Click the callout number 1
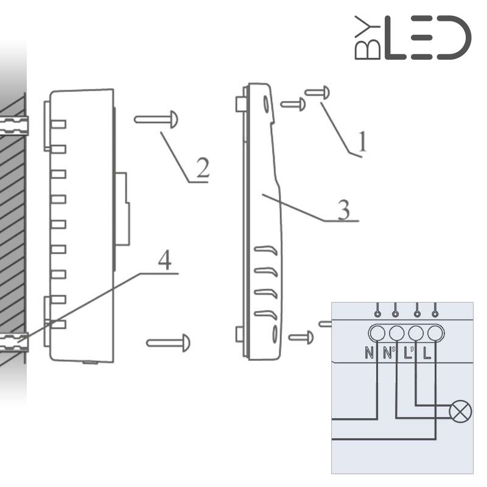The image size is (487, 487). (362, 142)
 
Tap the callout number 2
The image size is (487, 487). (203, 168)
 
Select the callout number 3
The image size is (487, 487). (343, 210)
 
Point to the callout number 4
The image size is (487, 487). (164, 261)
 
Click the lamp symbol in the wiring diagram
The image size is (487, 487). (461, 412)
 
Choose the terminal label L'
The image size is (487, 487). (408, 353)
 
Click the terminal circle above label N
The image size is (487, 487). (377, 333)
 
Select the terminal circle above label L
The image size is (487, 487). (435, 333)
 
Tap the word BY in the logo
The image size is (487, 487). (368, 38)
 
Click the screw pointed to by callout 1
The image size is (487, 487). (317, 93)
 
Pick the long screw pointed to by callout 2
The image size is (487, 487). (156, 119)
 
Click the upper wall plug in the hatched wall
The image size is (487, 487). (14, 125)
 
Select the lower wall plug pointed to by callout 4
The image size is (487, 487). (14, 342)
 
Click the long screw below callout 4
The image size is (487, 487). (168, 343)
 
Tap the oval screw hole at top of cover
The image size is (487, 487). (267, 103)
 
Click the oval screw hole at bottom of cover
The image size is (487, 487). (275, 334)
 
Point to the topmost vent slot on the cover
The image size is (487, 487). (266, 250)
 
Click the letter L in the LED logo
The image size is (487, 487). (395, 38)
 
